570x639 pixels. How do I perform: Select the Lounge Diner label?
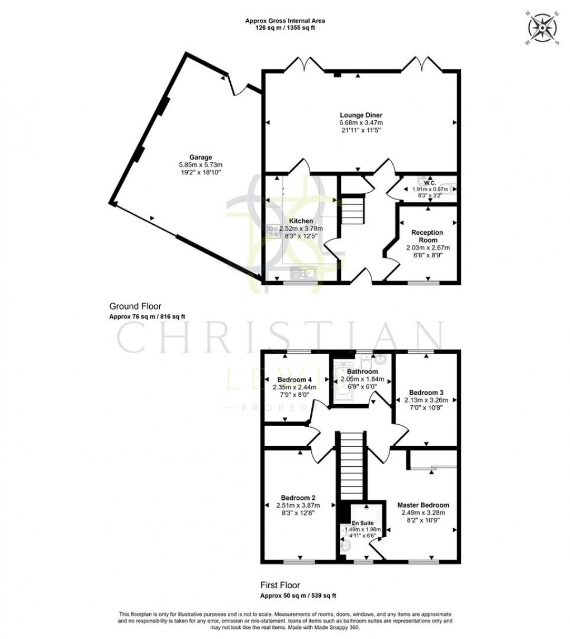coord(360,115)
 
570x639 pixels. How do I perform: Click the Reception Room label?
coord(427,236)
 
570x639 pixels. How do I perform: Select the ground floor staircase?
coord(352,213)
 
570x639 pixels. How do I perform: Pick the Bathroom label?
coord(362,371)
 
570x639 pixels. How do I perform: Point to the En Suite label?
coord(363,523)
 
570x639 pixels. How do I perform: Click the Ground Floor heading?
coord(135,306)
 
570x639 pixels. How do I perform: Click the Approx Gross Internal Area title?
coord(285,21)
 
